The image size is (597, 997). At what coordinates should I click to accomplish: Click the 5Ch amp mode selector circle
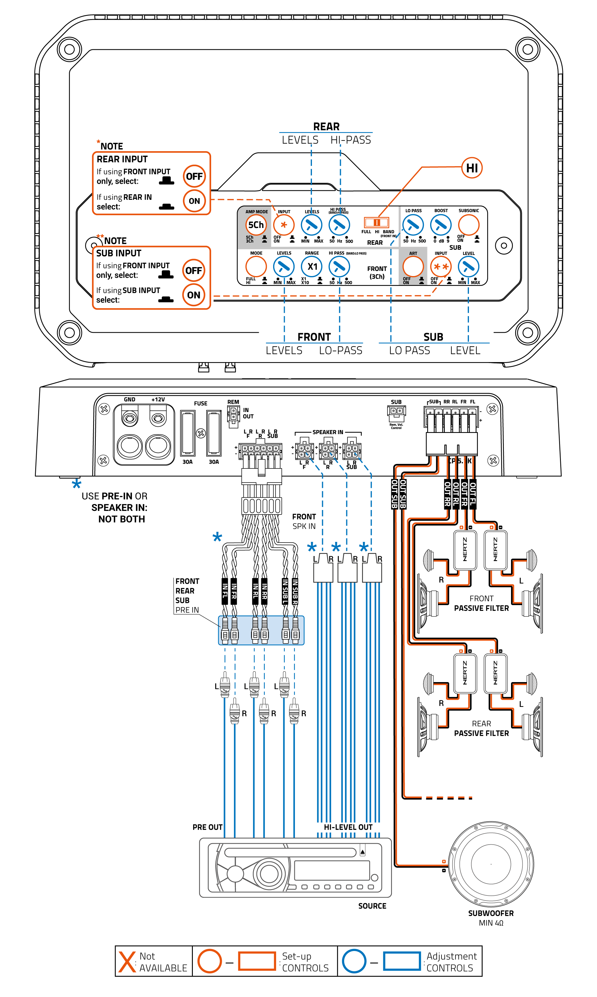coord(256,225)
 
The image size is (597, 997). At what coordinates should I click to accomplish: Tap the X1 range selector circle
coord(312,267)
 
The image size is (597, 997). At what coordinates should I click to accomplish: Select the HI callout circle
coord(472,168)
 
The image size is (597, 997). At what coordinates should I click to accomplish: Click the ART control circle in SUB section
coord(413,267)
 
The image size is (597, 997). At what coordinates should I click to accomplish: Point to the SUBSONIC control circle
coord(469,225)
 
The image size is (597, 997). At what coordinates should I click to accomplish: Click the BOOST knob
coord(441,225)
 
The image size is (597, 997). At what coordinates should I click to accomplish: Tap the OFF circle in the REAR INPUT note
coord(194,176)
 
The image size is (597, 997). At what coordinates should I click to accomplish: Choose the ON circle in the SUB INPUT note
coord(193,295)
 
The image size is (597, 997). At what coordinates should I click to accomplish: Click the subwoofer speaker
coord(491,864)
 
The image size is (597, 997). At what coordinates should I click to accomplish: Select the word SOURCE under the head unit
coord(372,906)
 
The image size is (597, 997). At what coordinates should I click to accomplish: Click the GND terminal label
coord(130,399)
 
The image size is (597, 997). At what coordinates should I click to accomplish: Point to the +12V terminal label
coord(158,399)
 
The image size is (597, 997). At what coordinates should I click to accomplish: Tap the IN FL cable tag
coord(225,591)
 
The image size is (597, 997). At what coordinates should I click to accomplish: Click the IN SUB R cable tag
coord(295,591)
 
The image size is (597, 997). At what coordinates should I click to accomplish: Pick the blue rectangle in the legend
coord(401,961)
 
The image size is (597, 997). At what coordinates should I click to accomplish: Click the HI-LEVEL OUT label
coord(348,827)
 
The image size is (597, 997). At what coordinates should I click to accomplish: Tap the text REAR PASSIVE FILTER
coord(481,728)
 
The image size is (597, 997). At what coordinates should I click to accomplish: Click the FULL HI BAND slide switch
coord(376,222)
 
